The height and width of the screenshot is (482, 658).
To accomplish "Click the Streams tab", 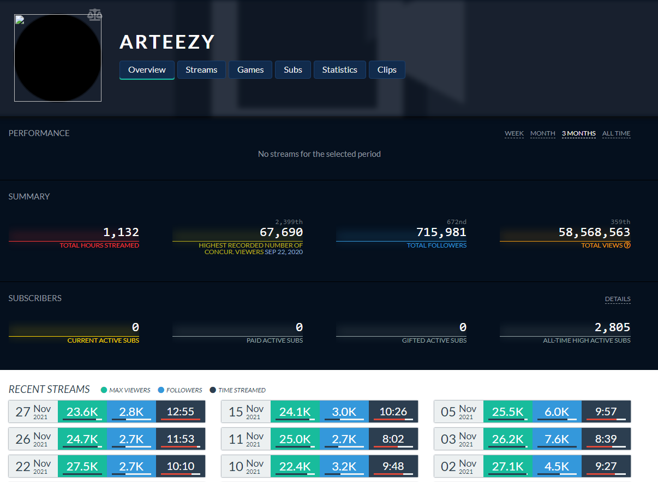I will point(201,70).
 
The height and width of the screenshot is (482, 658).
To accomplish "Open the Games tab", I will point(250,70).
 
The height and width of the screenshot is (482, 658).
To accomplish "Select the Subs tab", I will point(293,70).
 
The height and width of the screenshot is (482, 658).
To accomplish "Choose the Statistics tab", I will point(339,70).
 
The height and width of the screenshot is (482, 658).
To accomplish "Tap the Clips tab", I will point(387,70).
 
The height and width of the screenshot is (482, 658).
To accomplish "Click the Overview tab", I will point(147,70).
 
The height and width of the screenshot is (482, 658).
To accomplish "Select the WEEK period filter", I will point(514,133).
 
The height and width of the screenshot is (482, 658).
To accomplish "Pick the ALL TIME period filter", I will point(616,133).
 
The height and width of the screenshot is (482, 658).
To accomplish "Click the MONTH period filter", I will point(542,133).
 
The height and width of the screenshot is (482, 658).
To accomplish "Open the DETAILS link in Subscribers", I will point(618,299).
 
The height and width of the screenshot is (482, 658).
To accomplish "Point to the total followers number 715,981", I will point(441,232).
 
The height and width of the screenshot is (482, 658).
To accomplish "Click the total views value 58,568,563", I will point(594,232).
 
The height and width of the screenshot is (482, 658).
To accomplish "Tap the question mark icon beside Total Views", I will point(627,245).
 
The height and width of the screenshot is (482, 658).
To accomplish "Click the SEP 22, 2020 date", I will point(284,252).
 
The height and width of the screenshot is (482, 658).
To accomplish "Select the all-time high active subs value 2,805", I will point(612,327).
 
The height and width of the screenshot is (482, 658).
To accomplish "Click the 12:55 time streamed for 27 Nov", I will point(181,412).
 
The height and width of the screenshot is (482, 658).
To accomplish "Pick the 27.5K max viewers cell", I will point(82,466).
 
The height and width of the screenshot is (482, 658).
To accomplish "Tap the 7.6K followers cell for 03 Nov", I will point(557,439).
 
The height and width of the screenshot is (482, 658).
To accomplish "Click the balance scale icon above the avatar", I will point(94,14).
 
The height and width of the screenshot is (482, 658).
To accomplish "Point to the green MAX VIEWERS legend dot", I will point(104,390).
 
